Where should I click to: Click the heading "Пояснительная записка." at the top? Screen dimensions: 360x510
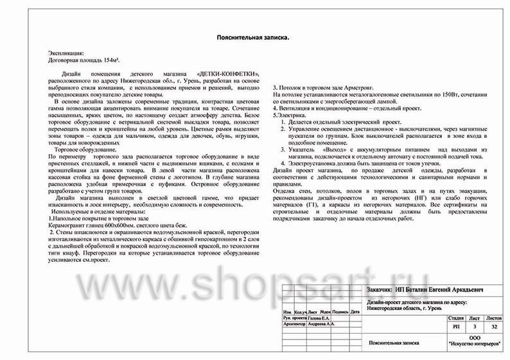point(254,38)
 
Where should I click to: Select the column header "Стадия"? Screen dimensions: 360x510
point(456,317)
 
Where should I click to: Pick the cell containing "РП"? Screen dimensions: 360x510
point(456,327)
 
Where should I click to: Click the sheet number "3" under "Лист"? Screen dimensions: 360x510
point(474,327)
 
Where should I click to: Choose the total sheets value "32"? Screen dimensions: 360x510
point(493,327)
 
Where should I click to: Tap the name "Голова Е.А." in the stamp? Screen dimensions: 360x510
point(319,318)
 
